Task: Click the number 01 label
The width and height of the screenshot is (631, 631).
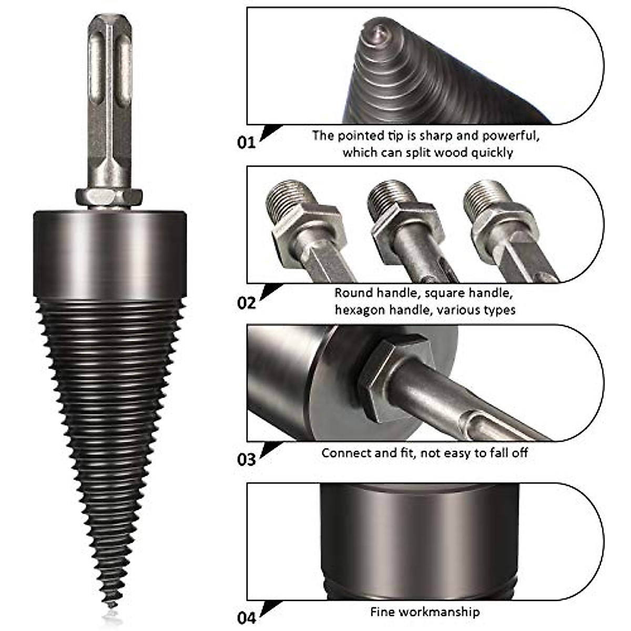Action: pyautogui.click(x=246, y=142)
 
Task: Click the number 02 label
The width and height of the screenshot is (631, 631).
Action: pyautogui.click(x=246, y=303)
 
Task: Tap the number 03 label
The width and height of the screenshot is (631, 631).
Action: pyautogui.click(x=246, y=460)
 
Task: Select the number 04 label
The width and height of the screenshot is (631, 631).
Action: pyautogui.click(x=246, y=617)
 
